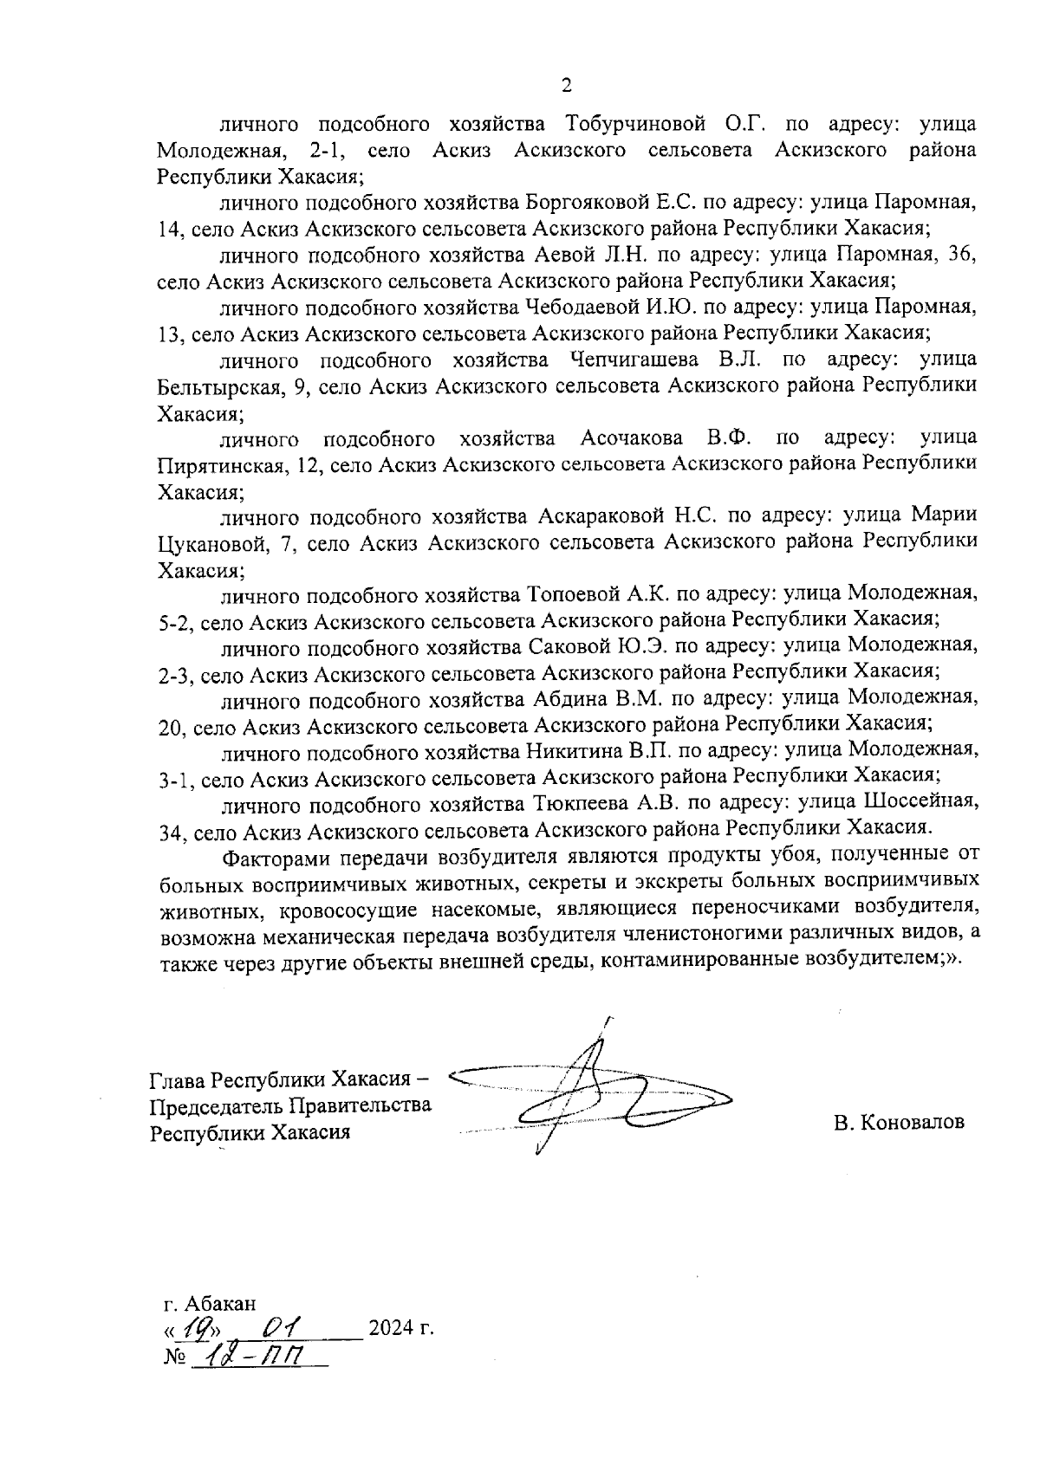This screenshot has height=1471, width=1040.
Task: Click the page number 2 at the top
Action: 567,85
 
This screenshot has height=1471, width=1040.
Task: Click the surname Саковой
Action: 563,645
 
